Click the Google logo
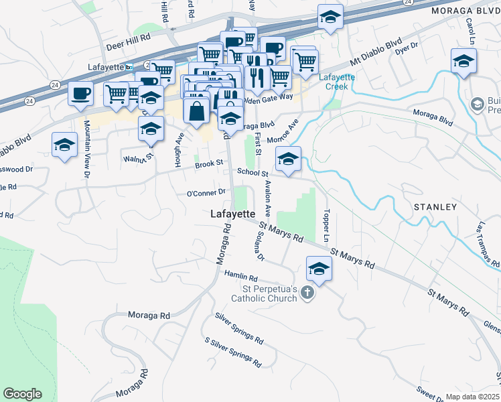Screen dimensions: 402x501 coord(23,394)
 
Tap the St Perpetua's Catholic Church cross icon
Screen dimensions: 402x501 coord(307,293)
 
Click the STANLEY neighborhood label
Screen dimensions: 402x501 coord(435,207)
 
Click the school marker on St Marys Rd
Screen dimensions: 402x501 coord(319,269)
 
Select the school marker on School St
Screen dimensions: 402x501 coord(288,159)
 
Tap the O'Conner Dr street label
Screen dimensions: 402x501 coord(206,193)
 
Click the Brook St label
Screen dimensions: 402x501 coord(208,165)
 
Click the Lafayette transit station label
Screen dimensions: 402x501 coord(107,68)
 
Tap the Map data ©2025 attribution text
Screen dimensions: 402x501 coord(472,397)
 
